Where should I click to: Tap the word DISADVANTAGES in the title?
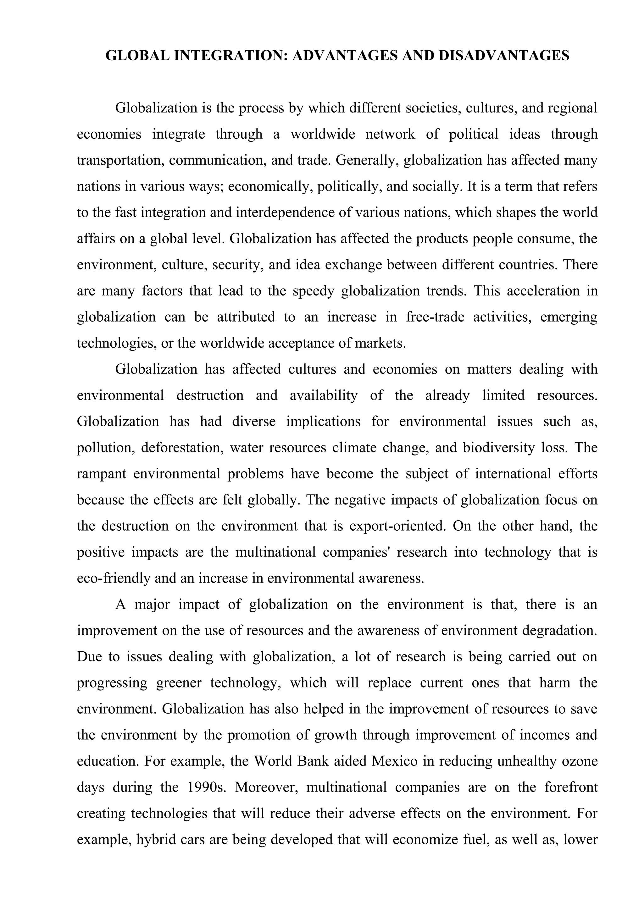pyautogui.click(x=504, y=56)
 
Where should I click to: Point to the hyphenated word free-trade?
pyautogui.click(x=435, y=317)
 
